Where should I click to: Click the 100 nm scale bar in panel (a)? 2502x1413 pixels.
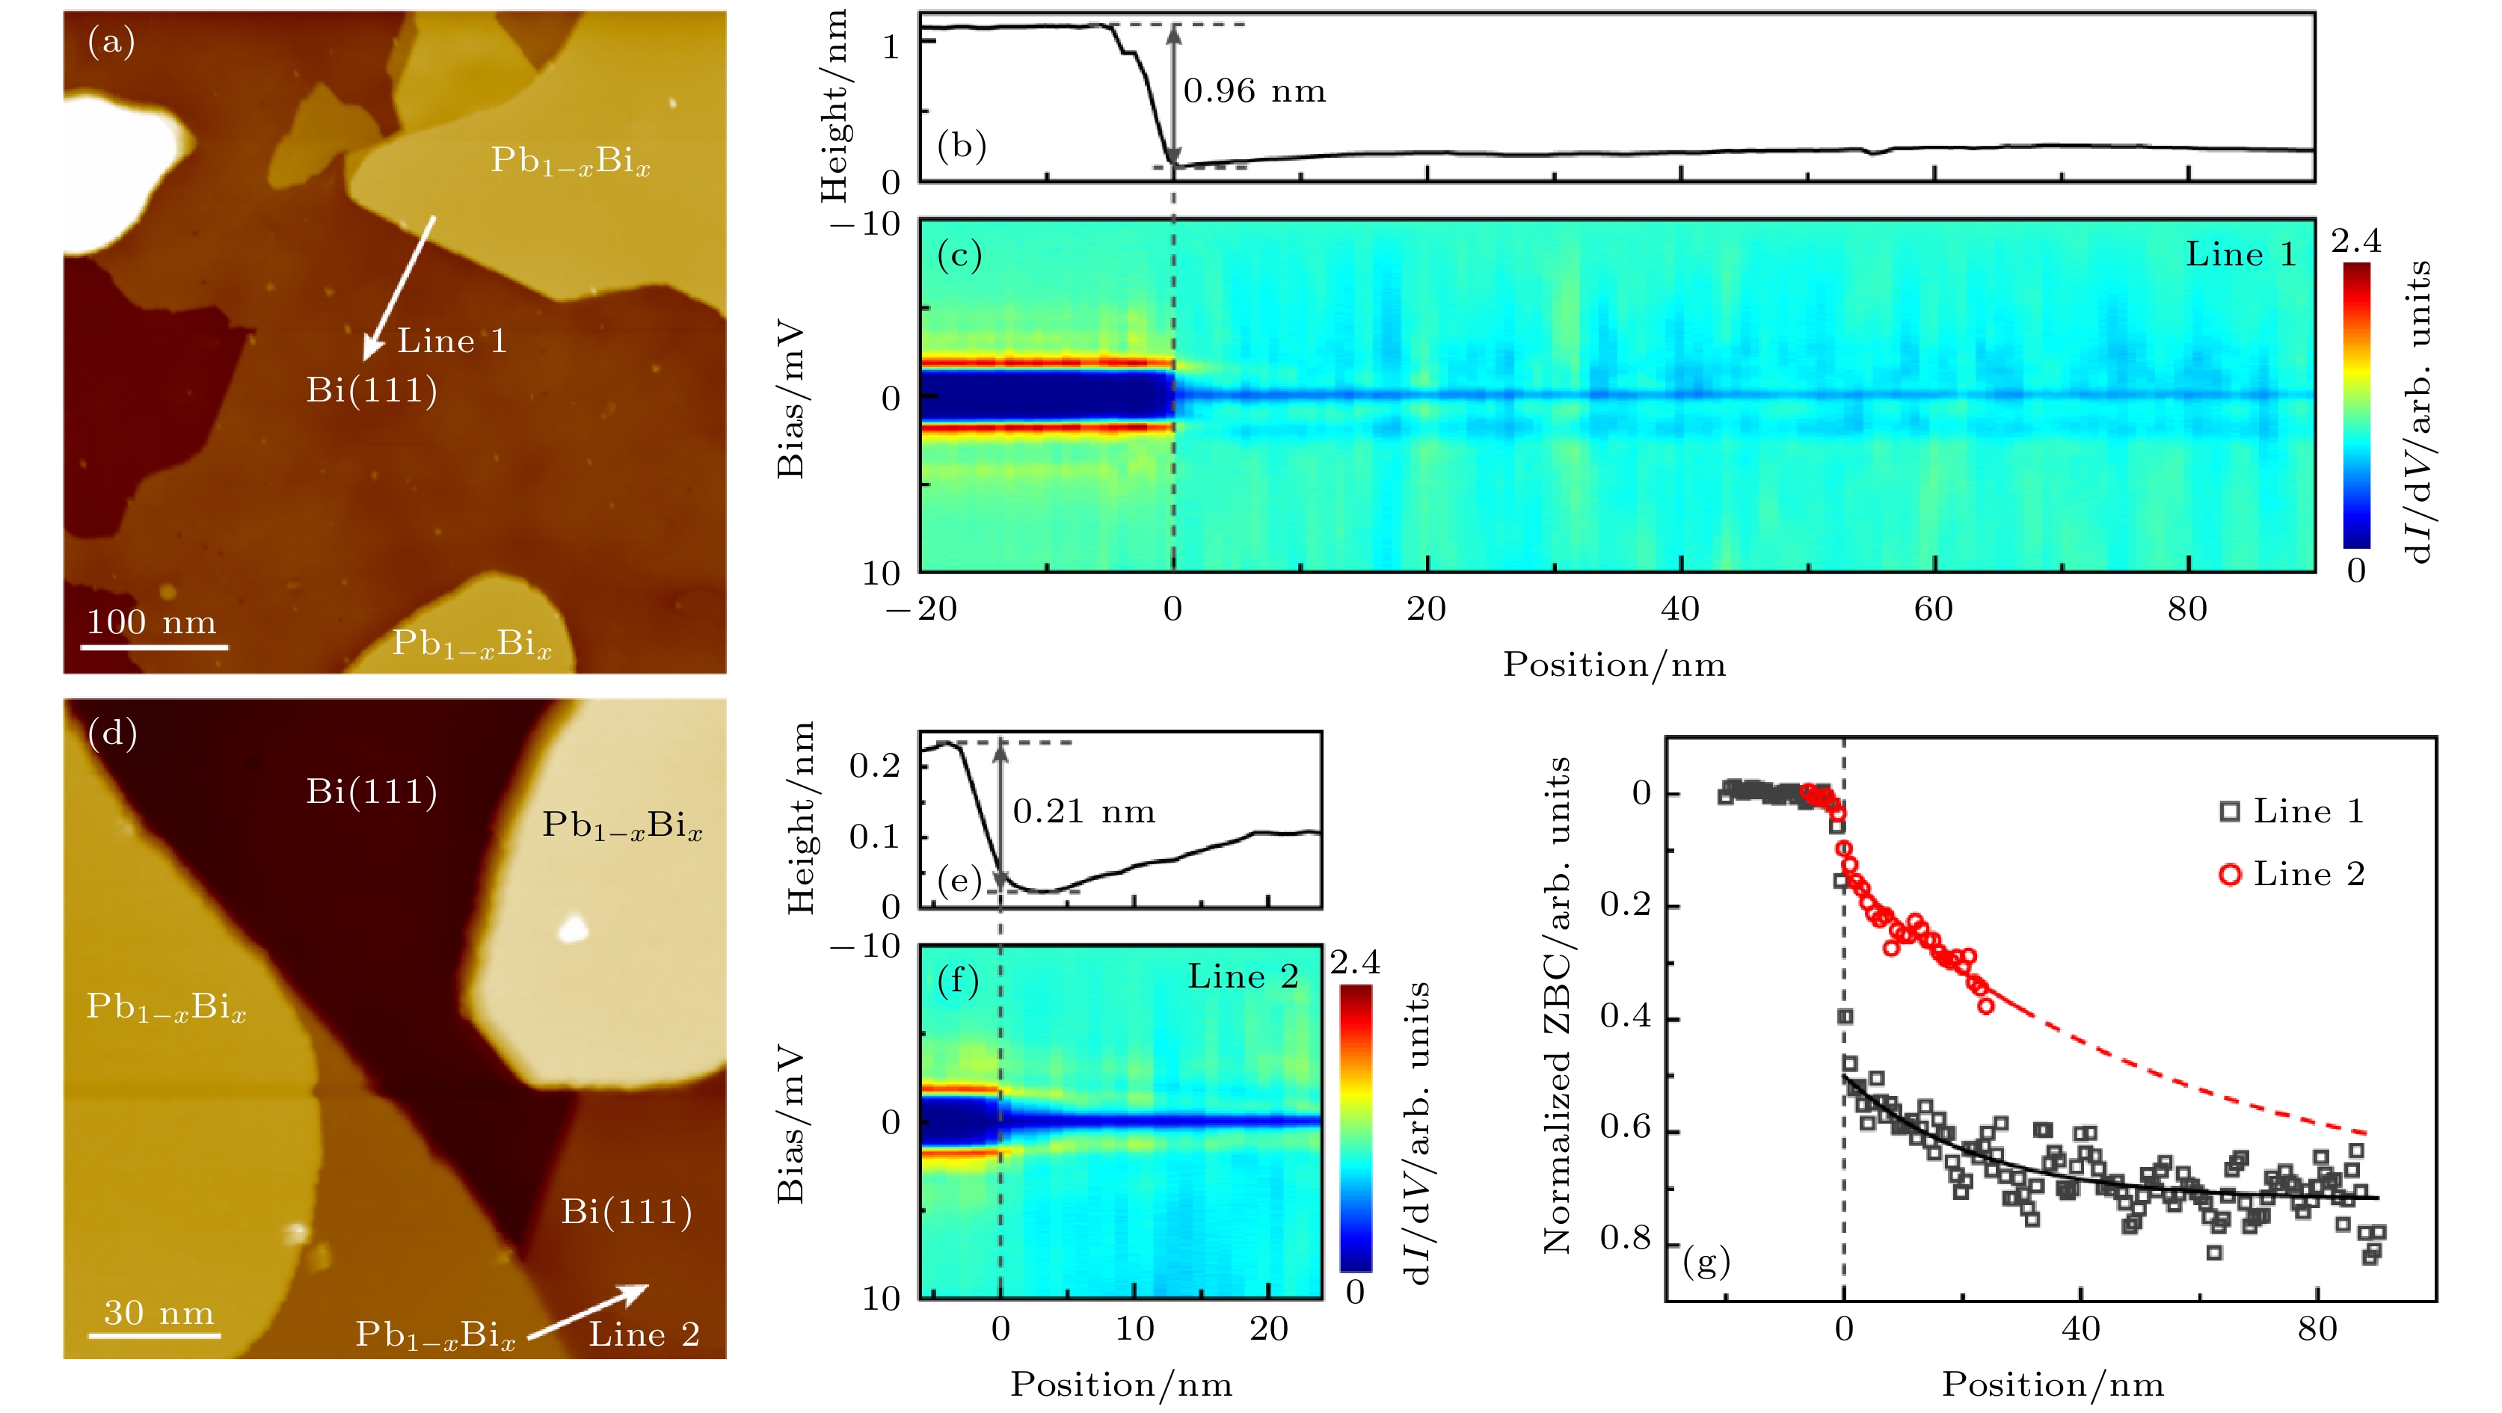(x=153, y=646)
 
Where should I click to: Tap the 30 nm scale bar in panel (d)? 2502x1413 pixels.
(x=155, y=1335)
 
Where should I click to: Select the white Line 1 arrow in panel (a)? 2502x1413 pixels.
(x=399, y=286)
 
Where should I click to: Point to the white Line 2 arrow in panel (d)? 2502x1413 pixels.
(x=588, y=1312)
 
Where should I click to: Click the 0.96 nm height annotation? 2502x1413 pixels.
(x=1254, y=91)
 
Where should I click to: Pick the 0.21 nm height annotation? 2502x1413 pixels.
(x=1084, y=812)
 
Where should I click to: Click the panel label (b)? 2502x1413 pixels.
(x=962, y=146)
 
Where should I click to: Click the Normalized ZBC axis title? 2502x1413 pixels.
(x=1557, y=1005)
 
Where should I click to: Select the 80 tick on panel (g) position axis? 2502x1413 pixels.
(x=2317, y=1329)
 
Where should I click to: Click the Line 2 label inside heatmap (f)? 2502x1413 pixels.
(x=1244, y=977)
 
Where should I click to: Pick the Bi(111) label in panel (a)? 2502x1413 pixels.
(x=372, y=390)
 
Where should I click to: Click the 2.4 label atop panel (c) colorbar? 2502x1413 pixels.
(x=2355, y=241)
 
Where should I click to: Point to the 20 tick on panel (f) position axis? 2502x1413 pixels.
(x=1268, y=1329)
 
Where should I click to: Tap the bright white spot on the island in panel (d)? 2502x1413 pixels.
(x=573, y=929)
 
